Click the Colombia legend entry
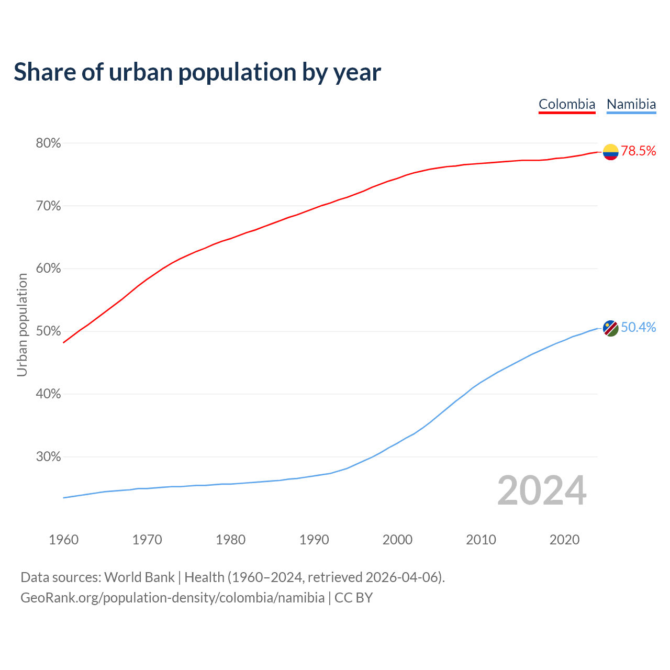pos(567,104)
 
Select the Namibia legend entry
pos(631,104)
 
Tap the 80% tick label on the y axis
pos(48,143)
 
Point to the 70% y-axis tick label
pos(48,206)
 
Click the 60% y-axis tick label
pos(48,269)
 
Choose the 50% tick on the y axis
pos(48,331)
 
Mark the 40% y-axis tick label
pos(48,394)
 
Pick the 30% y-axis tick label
pos(48,457)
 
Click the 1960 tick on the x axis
pos(64,540)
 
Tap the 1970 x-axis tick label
pos(147,540)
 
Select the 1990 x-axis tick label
pos(314,540)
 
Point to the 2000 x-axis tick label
pos(397,540)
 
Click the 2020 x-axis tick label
pos(564,540)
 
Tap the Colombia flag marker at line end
pos(610,152)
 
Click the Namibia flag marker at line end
pos(610,328)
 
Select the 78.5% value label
pos(639,151)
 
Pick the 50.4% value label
pos(639,328)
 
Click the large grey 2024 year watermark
pos(542,490)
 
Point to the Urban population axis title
pos(22,325)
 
